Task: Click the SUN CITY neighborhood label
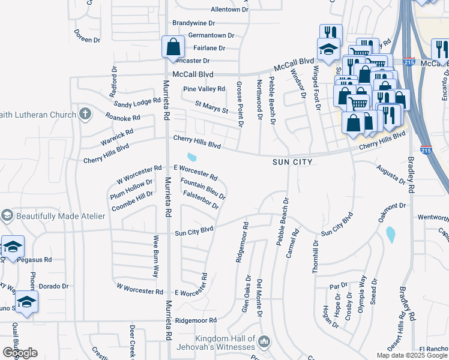coord(293,162)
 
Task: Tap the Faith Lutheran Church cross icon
coord(86,113)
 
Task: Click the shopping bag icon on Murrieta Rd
coord(173,47)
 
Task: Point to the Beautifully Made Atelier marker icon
coord(7,215)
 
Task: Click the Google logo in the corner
coord(19,353)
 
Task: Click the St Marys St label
coord(211,107)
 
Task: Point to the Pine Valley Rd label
coord(204,89)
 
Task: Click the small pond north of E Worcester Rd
coord(191,158)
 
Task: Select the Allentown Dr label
coord(229,10)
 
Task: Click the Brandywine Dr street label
coord(193,23)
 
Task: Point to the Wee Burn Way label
coord(155,256)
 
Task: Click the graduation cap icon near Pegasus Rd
coord(13,247)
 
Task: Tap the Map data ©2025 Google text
coord(412,355)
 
